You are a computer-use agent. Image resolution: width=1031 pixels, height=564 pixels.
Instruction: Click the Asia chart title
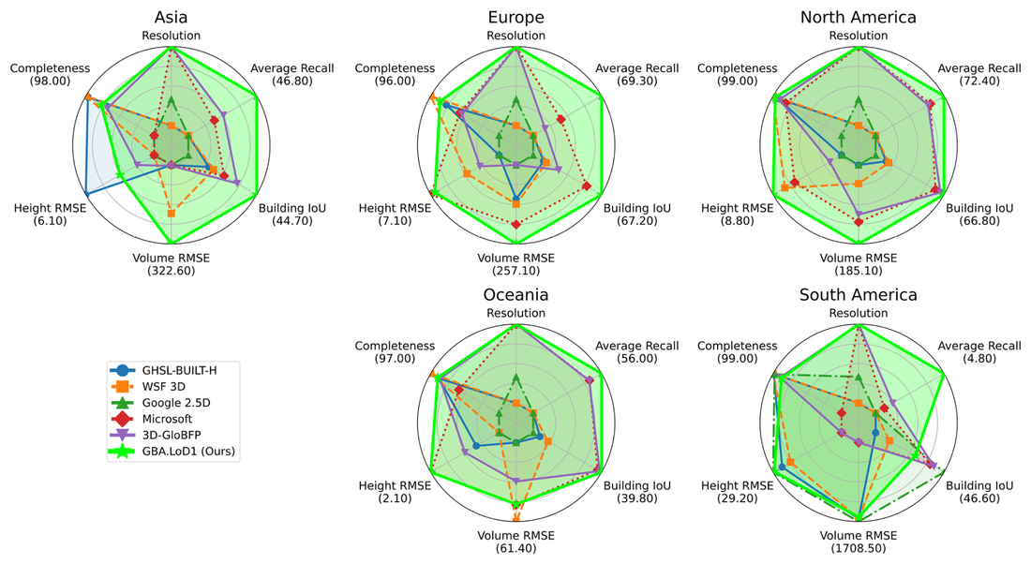click(171, 17)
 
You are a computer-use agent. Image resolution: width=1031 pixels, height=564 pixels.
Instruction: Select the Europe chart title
click(515, 17)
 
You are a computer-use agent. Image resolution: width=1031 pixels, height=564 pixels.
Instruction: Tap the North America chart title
click(859, 17)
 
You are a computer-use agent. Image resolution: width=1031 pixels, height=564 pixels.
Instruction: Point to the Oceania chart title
click(515, 294)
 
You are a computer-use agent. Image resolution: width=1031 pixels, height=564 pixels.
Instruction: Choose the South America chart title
click(859, 294)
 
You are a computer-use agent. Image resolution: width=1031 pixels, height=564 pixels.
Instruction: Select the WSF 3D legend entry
click(163, 385)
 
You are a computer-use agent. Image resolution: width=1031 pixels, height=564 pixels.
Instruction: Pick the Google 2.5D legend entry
click(173, 402)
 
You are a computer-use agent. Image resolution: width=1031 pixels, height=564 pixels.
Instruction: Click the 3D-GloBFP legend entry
click(173, 435)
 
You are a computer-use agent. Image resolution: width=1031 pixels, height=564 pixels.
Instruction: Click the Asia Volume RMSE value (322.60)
click(171, 272)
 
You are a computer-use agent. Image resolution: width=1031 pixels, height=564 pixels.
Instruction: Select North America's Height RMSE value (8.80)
click(739, 221)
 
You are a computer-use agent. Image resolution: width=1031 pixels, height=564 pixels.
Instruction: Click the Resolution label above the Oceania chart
click(515, 313)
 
